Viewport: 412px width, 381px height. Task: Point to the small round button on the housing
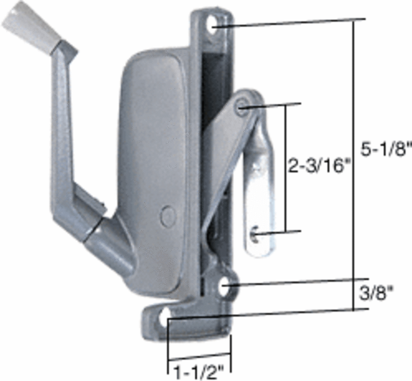[x=167, y=216]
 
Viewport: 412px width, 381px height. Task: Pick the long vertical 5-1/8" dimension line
[x=353, y=165]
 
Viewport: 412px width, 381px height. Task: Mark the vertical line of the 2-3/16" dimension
[x=286, y=169]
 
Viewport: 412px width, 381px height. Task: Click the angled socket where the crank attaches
[x=107, y=244]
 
